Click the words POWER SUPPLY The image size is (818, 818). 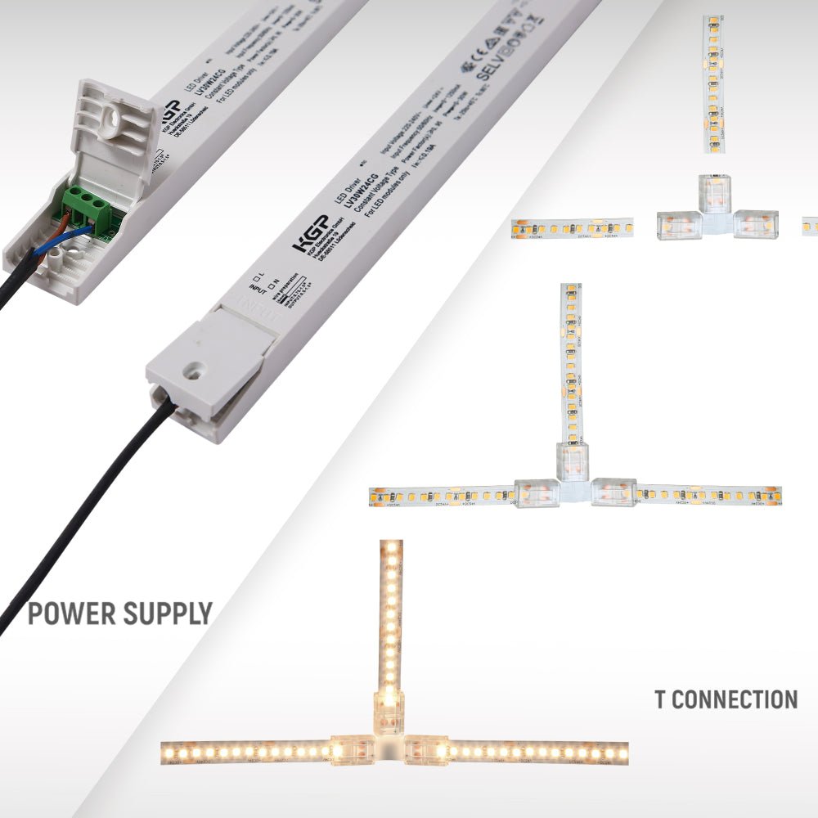pyautogui.click(x=119, y=613)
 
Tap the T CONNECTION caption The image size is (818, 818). pyautogui.click(x=726, y=699)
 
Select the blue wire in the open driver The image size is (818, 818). pyautogui.click(x=77, y=236)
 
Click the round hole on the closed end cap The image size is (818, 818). pyautogui.click(x=194, y=371)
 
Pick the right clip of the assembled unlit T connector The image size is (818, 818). pyautogui.click(x=613, y=492)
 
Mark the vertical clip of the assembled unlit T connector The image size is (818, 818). pyautogui.click(x=572, y=461)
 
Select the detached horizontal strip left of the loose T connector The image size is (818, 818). pyautogui.click(x=572, y=227)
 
